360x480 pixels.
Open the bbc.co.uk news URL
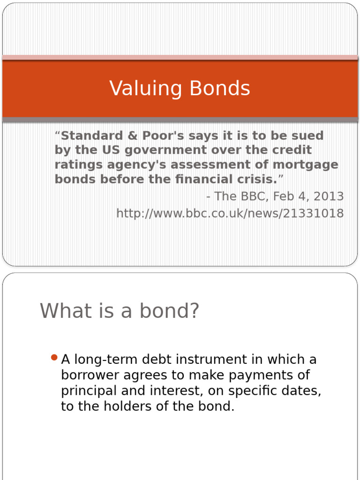click(x=230, y=214)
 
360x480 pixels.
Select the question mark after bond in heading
click(x=194, y=311)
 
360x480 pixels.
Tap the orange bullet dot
click(x=53, y=358)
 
